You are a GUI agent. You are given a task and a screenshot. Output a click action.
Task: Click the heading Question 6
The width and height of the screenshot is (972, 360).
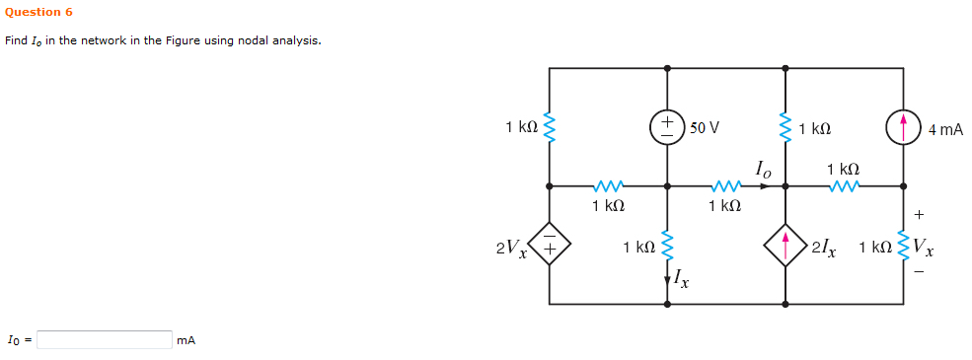pyautogui.click(x=38, y=12)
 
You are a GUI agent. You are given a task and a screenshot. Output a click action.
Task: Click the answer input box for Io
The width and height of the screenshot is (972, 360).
pyautogui.click(x=105, y=339)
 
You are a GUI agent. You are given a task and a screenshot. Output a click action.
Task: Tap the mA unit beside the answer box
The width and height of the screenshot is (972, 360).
pyautogui.click(x=186, y=340)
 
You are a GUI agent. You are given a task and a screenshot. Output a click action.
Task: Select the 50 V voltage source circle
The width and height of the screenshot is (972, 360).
pyautogui.click(x=667, y=127)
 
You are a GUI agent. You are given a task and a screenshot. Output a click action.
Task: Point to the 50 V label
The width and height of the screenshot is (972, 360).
pyautogui.click(x=704, y=128)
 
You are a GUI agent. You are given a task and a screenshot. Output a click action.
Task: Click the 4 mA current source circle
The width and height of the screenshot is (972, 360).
pyautogui.click(x=903, y=127)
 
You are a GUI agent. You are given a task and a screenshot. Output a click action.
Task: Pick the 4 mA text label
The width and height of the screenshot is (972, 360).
pyautogui.click(x=945, y=129)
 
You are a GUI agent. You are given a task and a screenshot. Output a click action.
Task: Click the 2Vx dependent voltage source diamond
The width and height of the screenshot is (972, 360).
pyautogui.click(x=550, y=245)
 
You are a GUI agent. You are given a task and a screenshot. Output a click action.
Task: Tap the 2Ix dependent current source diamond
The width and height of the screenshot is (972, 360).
pyautogui.click(x=785, y=245)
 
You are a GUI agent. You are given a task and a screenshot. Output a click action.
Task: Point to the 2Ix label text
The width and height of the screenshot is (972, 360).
pyautogui.click(x=824, y=247)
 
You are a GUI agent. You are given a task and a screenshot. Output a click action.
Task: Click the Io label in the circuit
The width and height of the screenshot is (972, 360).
pyautogui.click(x=763, y=170)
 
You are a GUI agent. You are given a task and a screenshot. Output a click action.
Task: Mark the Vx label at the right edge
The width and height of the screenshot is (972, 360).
pyautogui.click(x=924, y=247)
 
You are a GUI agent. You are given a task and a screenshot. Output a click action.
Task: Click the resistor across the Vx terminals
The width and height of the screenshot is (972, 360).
pyautogui.click(x=903, y=247)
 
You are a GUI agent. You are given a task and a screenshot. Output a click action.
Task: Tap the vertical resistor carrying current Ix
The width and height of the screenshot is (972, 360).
pyautogui.click(x=667, y=247)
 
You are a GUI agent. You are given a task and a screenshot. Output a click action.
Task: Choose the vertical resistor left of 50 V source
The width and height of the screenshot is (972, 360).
pyautogui.click(x=550, y=127)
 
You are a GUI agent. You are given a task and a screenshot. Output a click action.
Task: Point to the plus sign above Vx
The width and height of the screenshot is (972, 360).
pyautogui.click(x=920, y=212)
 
